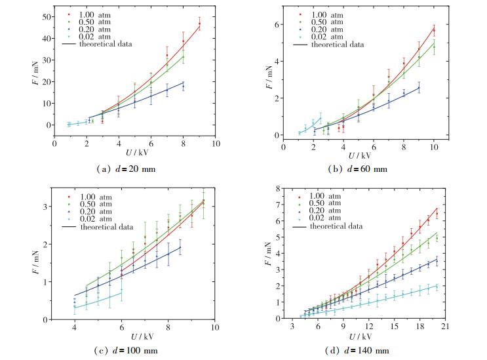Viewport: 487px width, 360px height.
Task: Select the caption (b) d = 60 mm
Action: (358, 169)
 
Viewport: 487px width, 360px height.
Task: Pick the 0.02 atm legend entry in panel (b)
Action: (332, 37)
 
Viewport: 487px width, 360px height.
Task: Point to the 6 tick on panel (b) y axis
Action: (276, 25)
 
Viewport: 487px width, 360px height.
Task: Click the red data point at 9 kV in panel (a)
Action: (199, 24)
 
